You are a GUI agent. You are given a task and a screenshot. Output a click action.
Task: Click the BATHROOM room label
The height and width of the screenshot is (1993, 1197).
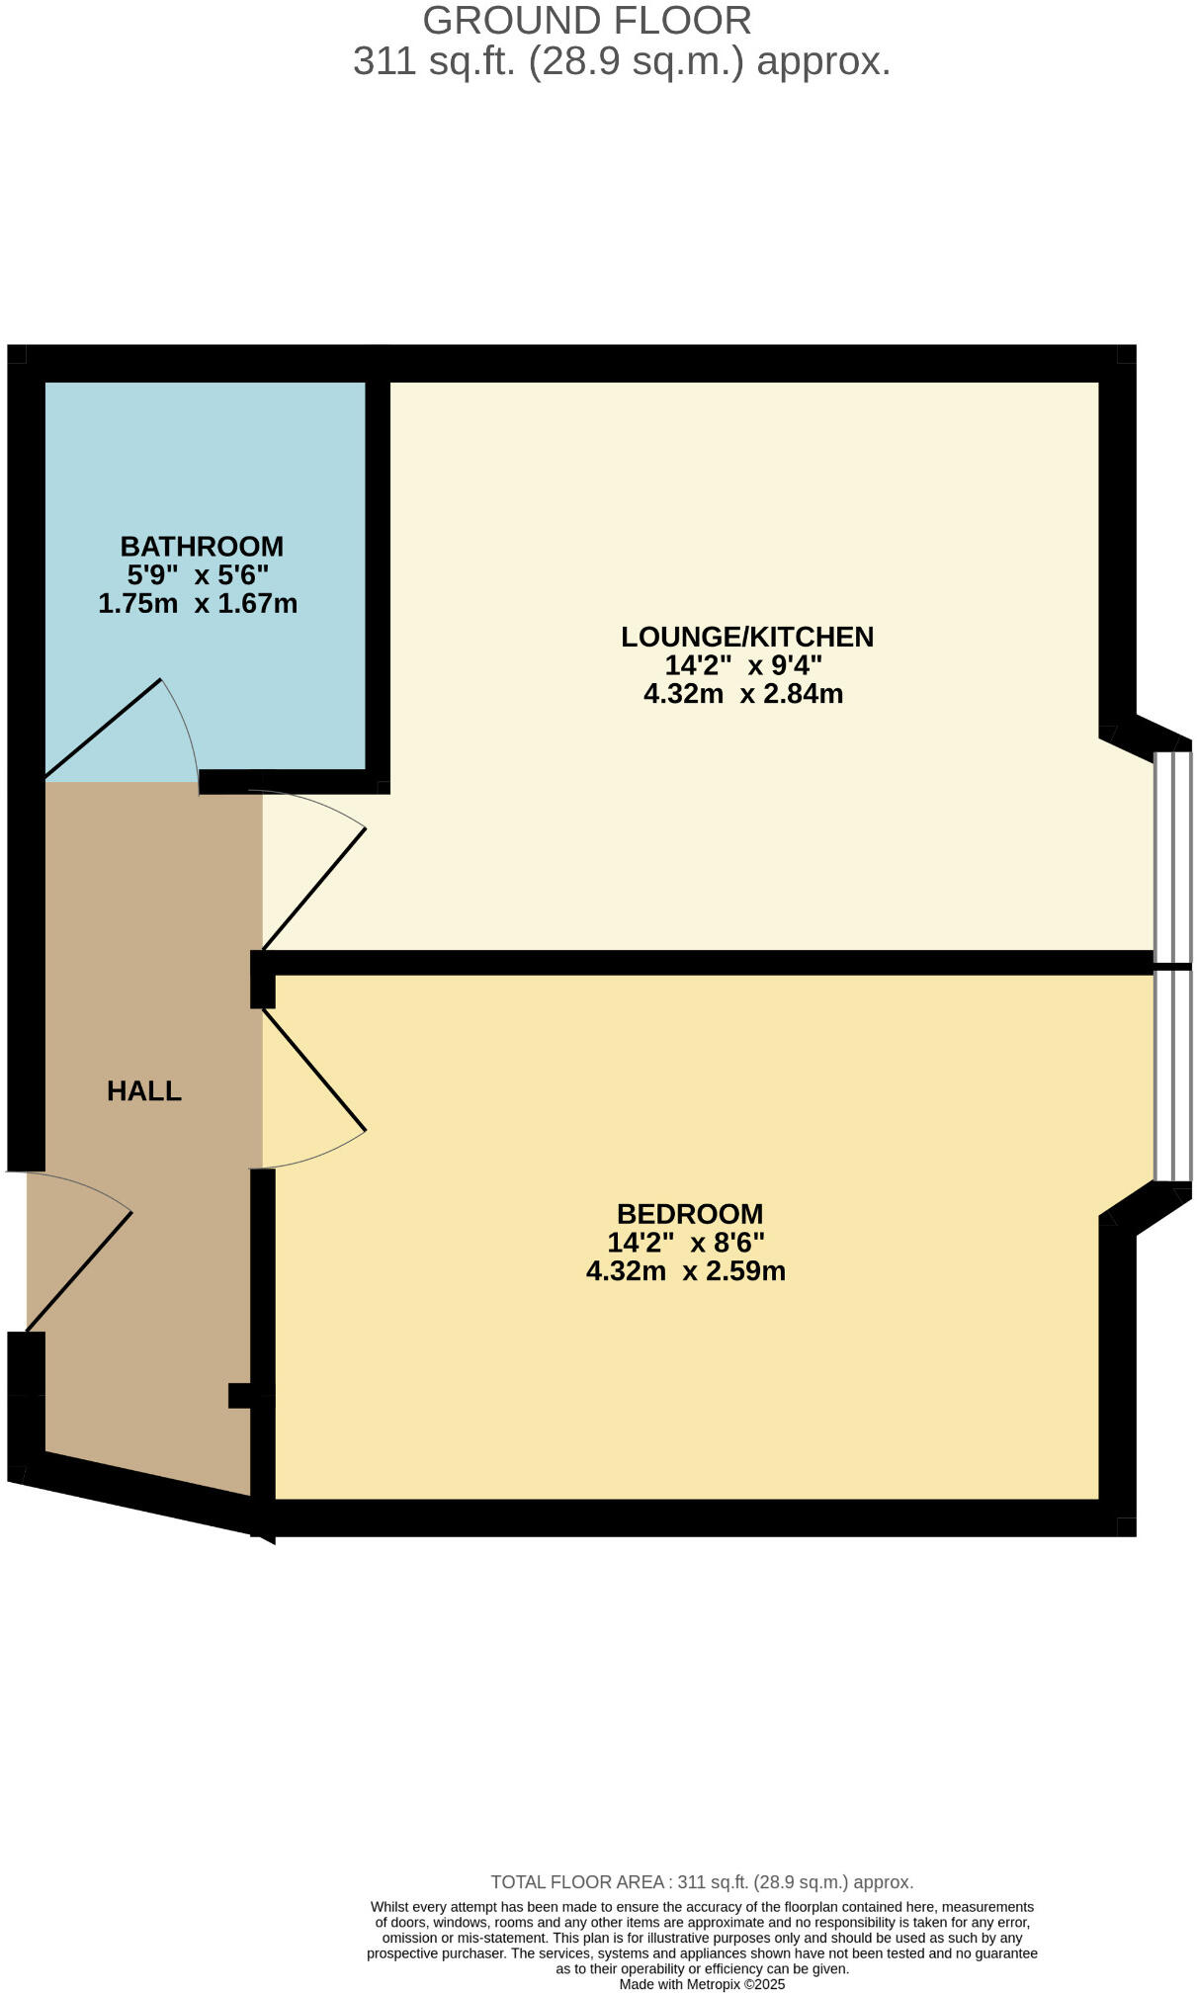click(202, 547)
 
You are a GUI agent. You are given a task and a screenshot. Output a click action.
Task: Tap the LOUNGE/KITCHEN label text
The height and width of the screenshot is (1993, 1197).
click(747, 637)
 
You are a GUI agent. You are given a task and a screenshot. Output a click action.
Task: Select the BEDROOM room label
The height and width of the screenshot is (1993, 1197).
click(690, 1214)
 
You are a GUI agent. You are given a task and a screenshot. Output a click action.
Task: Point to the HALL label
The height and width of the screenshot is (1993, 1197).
click(144, 1091)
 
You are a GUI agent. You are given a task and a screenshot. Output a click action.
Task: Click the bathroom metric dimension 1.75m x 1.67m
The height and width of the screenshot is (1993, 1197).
click(198, 604)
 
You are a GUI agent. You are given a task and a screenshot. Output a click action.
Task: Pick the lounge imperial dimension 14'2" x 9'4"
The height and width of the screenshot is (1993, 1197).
click(743, 665)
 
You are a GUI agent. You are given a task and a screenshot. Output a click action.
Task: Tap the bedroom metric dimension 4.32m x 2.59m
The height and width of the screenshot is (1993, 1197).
click(686, 1271)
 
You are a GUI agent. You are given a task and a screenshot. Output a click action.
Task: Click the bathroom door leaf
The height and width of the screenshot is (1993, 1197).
click(103, 729)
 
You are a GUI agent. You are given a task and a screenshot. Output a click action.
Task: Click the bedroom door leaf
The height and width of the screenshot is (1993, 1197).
click(314, 1070)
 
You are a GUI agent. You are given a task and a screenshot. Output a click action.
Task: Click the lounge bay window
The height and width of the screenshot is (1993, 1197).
click(1173, 856)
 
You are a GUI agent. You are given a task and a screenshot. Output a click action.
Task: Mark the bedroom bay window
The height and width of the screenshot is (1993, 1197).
click(1173, 1076)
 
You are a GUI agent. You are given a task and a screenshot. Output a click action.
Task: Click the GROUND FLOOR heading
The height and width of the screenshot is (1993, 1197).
click(587, 21)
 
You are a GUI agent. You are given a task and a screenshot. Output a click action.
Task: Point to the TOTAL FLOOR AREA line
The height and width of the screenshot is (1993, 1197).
click(702, 1882)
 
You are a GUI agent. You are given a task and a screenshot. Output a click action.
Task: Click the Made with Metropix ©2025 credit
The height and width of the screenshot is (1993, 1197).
click(702, 1984)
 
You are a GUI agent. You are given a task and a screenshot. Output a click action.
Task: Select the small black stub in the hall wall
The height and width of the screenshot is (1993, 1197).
click(240, 1395)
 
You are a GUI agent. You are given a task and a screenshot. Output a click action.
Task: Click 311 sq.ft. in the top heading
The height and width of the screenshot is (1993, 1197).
click(434, 62)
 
